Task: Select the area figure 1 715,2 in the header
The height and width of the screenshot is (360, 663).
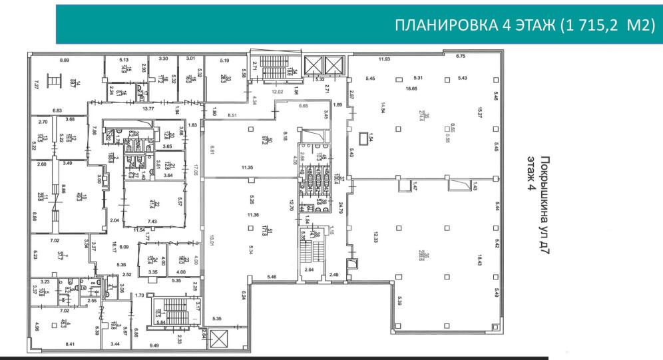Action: pyautogui.click(x=589, y=25)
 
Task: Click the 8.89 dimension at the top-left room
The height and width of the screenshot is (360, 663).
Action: pyautogui.click(x=64, y=61)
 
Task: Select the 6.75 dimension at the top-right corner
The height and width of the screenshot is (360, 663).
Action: pyautogui.click(x=461, y=57)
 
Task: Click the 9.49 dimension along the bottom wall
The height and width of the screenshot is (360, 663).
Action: pyautogui.click(x=154, y=345)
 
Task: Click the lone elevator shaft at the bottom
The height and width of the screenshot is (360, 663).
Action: pyautogui.click(x=219, y=339)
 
